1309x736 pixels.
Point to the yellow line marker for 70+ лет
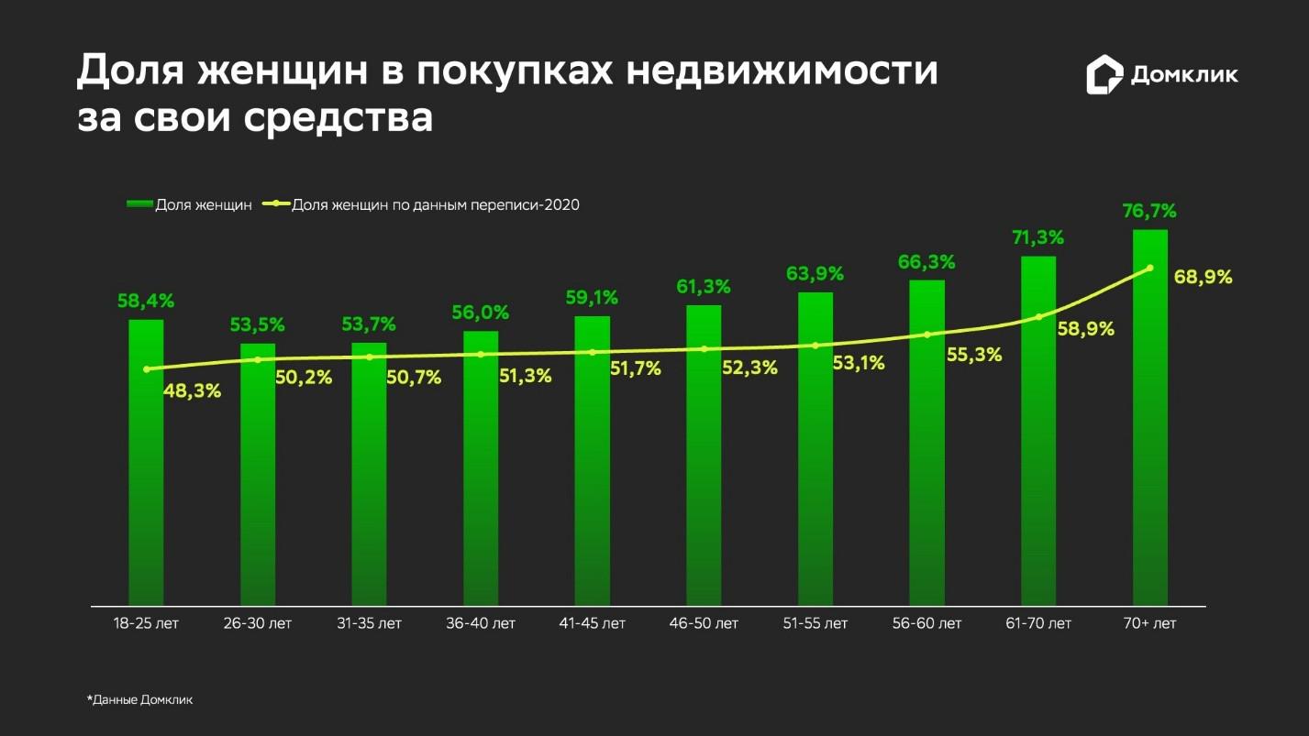(x=1150, y=268)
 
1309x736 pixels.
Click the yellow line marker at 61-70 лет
(x=1038, y=317)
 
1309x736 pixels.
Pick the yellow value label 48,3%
(x=192, y=391)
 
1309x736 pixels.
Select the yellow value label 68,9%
(x=1203, y=277)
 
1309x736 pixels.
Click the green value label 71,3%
(x=1037, y=238)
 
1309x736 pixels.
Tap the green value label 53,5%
(x=258, y=325)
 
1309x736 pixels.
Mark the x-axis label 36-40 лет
(x=481, y=624)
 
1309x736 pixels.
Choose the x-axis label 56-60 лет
(x=926, y=624)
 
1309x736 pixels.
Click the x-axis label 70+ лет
(x=1149, y=624)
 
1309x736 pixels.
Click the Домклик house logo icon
(x=1104, y=74)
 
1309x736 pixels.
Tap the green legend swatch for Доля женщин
(x=139, y=205)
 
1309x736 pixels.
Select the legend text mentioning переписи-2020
(x=436, y=205)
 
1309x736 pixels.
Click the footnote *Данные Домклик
(x=140, y=700)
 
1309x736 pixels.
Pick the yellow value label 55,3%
(x=973, y=355)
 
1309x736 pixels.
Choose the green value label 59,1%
(x=592, y=298)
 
